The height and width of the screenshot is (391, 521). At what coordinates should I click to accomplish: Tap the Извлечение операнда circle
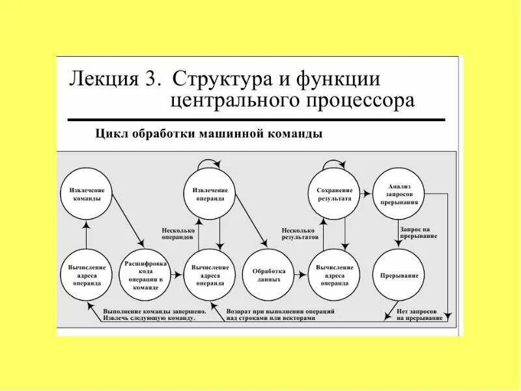click(209, 194)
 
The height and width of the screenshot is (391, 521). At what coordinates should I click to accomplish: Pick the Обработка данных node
click(268, 275)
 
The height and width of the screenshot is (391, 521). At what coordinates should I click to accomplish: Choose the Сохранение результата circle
click(334, 194)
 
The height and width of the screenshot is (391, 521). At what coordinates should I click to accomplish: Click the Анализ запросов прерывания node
click(399, 194)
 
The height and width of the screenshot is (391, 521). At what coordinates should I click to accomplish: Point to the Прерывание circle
click(399, 275)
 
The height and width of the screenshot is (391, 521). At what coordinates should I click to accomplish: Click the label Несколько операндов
click(177, 233)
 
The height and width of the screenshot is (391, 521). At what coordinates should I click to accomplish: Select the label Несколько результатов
click(300, 233)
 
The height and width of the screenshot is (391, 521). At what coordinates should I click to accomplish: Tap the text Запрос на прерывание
click(415, 233)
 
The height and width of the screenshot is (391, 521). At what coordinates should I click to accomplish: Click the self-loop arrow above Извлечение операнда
click(209, 161)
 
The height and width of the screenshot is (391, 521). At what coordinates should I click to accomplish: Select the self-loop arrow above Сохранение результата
click(334, 161)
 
